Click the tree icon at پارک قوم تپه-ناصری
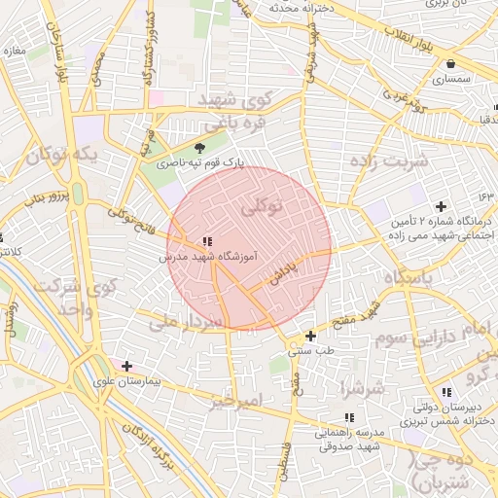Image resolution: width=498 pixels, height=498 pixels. pos(200,148)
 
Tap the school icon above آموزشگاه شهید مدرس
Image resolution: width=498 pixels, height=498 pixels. pos(206,241)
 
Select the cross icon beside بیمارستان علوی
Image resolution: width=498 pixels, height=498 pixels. pos(126,366)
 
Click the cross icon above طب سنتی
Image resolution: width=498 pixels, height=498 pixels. pos(310,336)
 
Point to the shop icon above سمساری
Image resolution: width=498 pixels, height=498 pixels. pos(450,65)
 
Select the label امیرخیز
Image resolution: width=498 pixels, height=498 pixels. pos(236,400)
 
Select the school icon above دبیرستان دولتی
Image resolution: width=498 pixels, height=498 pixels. pos(445,392)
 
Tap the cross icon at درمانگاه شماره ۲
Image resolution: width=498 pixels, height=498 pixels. pos(442,206)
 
